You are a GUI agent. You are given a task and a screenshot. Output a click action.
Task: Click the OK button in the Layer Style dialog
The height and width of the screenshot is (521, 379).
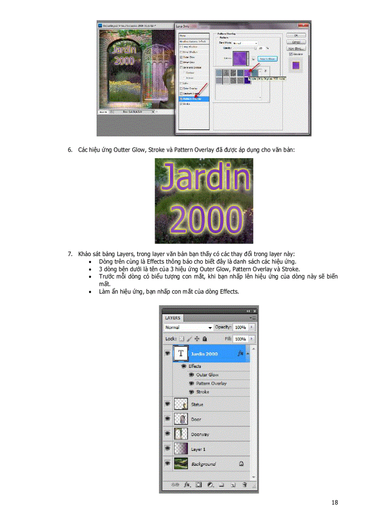(x=292, y=35)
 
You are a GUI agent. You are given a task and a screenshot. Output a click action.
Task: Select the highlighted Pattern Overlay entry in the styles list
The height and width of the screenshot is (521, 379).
(x=194, y=99)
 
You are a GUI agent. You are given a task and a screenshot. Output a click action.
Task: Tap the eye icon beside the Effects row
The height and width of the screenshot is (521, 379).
(x=184, y=366)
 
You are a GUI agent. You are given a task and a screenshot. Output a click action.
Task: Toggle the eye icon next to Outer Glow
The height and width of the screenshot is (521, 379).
(x=191, y=375)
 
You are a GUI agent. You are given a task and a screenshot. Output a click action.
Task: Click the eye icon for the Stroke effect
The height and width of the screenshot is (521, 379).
(x=191, y=392)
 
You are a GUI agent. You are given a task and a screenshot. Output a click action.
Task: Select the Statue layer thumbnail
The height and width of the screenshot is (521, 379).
(x=180, y=405)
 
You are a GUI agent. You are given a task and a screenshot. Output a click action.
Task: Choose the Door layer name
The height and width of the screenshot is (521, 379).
(x=196, y=419)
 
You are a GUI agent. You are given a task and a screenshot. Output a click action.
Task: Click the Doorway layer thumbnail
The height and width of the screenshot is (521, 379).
(x=180, y=434)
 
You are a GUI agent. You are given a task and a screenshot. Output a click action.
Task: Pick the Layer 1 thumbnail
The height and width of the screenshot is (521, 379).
(x=180, y=449)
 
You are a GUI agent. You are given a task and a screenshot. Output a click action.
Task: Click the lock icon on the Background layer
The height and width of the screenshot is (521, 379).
(x=241, y=463)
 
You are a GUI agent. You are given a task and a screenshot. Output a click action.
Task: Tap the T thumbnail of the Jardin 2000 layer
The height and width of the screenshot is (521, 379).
(x=180, y=354)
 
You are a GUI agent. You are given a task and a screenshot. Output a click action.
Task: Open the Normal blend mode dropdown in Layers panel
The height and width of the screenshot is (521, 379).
(x=189, y=328)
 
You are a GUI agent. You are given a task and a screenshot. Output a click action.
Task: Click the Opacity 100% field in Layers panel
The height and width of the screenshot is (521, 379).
(x=240, y=328)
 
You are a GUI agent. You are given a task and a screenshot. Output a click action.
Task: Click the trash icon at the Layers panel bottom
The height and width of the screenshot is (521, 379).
(x=244, y=485)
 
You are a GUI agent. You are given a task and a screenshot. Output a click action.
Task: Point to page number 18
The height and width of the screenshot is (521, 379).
(x=335, y=502)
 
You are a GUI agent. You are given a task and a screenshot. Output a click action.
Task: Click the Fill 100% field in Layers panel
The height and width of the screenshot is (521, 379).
(x=240, y=339)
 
